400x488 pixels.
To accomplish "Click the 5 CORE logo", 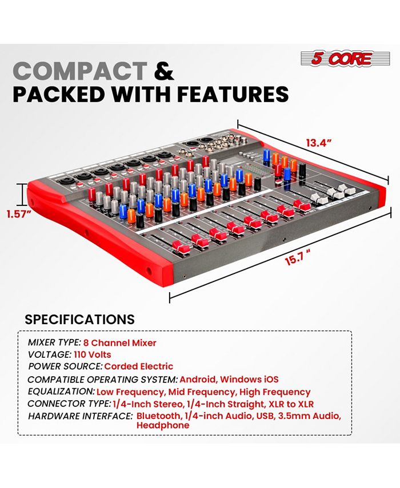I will click(x=337, y=58).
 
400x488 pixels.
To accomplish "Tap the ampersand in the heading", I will click(x=165, y=71).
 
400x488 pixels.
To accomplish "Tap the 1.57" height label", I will click(x=18, y=215).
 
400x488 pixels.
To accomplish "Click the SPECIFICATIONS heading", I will click(x=79, y=319).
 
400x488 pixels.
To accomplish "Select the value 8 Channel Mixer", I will click(x=120, y=343).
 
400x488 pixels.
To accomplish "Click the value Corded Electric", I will click(x=139, y=366).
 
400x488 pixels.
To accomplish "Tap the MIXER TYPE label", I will click(x=54, y=343).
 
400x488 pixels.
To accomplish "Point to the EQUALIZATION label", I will click(x=61, y=392).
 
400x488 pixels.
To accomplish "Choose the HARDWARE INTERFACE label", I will click(x=80, y=416).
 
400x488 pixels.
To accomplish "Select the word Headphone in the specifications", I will click(x=163, y=426).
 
